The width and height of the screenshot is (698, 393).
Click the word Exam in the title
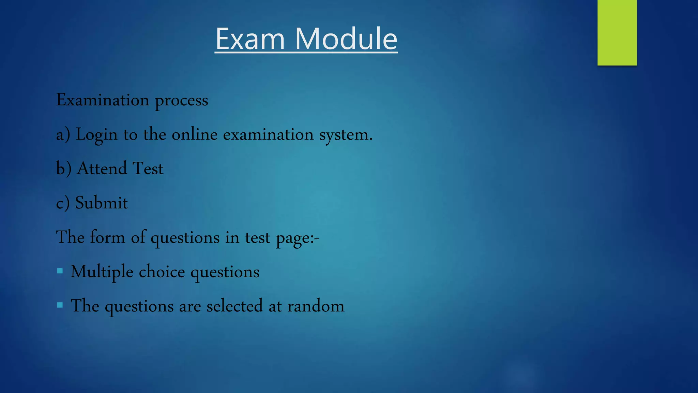coord(250,39)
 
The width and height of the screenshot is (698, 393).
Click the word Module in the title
coord(346,39)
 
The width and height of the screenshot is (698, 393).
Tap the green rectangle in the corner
coord(617,33)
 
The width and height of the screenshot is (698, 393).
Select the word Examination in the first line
coord(103,100)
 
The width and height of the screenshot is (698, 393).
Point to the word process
coord(181,101)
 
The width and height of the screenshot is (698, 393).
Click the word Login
coord(96,135)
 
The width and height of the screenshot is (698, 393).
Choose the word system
coord(346,135)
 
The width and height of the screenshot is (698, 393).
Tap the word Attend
coord(102,169)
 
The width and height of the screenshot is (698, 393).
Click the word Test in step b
coord(148,169)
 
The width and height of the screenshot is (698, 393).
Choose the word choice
coord(162,272)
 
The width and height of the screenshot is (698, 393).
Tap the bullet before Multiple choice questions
coord(60,271)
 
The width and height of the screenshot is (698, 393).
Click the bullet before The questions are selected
coord(60,305)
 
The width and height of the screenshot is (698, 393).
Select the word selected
coord(234,306)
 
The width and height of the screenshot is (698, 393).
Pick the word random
coord(316,306)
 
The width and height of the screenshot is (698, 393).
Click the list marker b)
coord(64,169)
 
